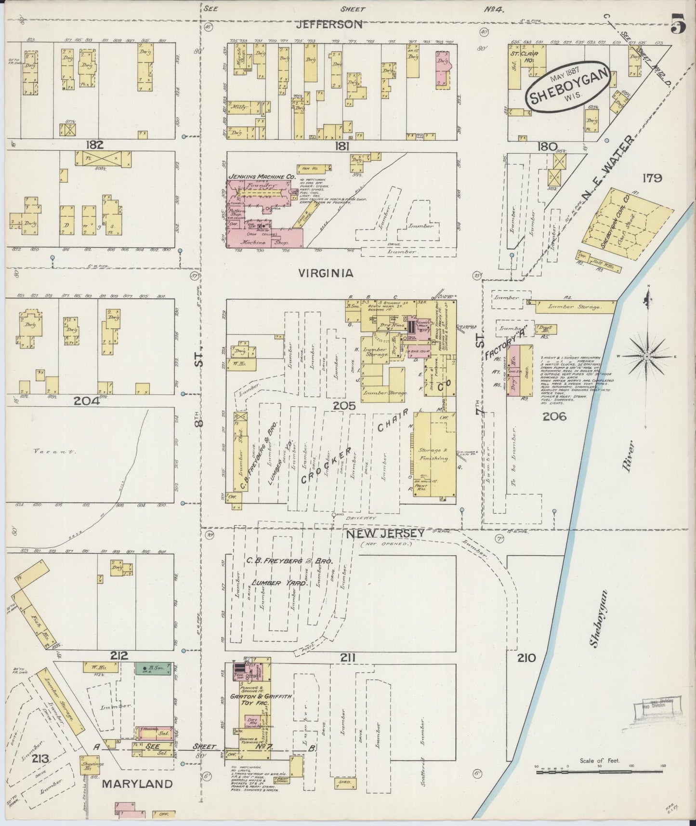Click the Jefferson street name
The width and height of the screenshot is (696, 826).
pyautogui.click(x=329, y=24)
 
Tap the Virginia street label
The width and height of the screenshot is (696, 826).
pyautogui.click(x=326, y=273)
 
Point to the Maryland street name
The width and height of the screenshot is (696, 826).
pyautogui.click(x=137, y=784)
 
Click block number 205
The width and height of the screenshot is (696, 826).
pyautogui.click(x=344, y=406)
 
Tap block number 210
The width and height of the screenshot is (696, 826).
pyautogui.click(x=525, y=657)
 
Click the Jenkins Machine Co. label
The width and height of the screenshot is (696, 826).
pyautogui.click(x=262, y=177)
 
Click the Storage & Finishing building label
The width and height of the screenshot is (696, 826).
pyautogui.click(x=433, y=454)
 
